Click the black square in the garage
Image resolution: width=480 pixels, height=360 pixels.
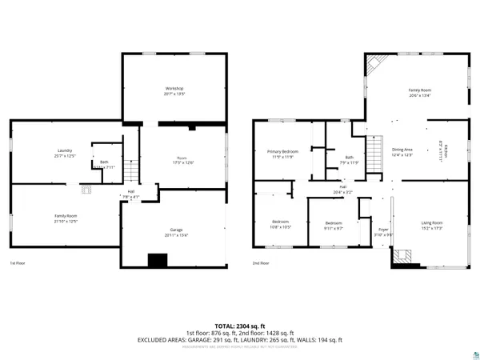point(158,259)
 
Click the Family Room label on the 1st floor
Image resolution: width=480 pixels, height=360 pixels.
point(65,218)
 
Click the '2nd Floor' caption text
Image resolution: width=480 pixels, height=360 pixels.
point(261,263)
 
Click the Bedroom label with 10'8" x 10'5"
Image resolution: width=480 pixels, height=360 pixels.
point(280,223)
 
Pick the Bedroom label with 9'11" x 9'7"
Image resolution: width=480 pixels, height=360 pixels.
point(334,225)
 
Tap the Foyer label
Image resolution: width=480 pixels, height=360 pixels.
point(383,231)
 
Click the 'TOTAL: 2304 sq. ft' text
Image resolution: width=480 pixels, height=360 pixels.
point(240,326)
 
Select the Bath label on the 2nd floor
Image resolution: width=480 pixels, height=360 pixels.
point(350,159)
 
